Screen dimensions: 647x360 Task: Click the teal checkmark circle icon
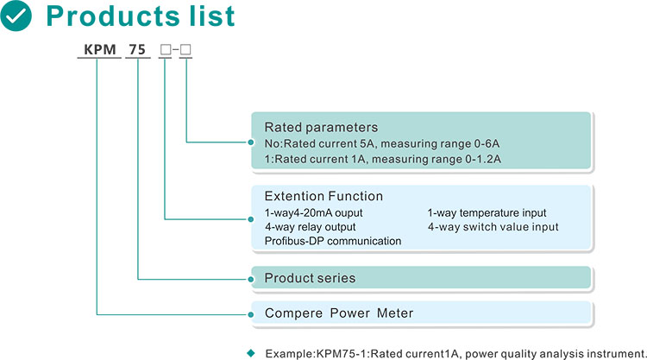tap(16, 16)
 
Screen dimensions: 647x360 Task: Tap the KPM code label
tap(100, 49)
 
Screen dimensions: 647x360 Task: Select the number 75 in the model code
tap(137, 49)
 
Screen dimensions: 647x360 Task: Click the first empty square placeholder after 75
tap(166, 50)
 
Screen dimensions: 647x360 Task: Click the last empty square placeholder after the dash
tap(185, 50)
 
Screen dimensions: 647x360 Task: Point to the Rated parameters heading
tap(321, 127)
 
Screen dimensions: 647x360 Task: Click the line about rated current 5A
tap(382, 143)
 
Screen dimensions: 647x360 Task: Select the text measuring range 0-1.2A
tap(437, 159)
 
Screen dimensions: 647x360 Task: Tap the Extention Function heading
tap(323, 196)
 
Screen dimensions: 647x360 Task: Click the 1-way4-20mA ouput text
tap(314, 212)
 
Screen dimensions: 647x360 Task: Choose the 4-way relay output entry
tap(311, 227)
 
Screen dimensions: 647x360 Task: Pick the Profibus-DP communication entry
tap(333, 241)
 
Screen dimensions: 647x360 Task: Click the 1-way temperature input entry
tap(487, 212)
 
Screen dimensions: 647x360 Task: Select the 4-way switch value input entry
tap(493, 227)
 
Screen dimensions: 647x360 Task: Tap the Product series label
tap(310, 278)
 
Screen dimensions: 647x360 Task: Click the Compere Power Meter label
tap(339, 313)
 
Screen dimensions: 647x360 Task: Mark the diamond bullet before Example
tap(251, 353)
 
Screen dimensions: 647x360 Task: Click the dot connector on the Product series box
tap(251, 280)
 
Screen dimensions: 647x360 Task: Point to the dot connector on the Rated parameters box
tap(251, 142)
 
